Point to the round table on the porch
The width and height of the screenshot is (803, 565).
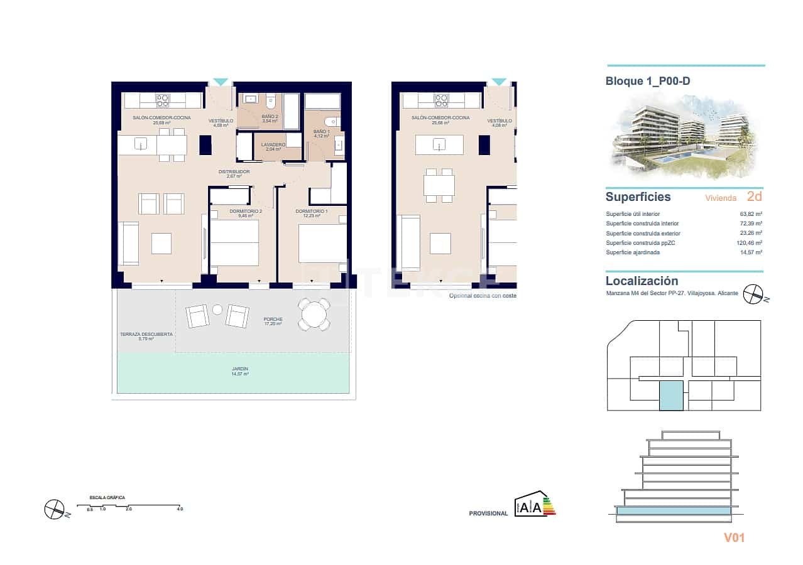[314, 313]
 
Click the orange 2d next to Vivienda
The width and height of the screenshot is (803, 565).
[755, 196]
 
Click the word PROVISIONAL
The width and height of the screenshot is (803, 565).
[488, 514]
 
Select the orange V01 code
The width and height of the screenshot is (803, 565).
[734, 537]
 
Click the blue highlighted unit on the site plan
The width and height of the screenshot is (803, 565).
[670, 395]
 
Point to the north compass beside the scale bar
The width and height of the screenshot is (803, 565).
[55, 508]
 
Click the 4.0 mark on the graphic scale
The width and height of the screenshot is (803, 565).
[180, 509]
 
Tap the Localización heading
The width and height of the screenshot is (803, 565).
[642, 281]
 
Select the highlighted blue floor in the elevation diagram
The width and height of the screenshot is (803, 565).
[674, 512]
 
